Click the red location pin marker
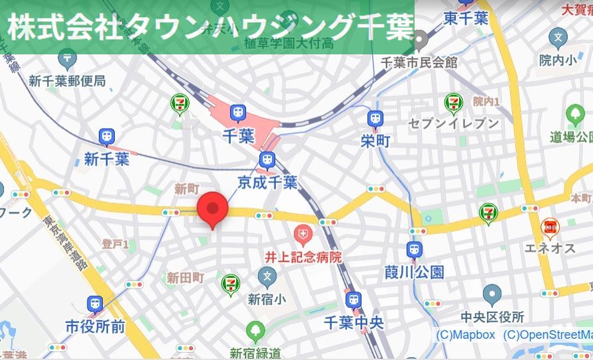212,208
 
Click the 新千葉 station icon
107,137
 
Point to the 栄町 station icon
375,119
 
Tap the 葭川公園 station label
414,272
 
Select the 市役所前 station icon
95,305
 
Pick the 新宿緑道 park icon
255,330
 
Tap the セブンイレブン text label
454,123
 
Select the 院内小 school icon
559,37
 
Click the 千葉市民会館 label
419,62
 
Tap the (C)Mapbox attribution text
466,335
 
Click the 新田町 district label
185,278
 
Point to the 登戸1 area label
115,245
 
